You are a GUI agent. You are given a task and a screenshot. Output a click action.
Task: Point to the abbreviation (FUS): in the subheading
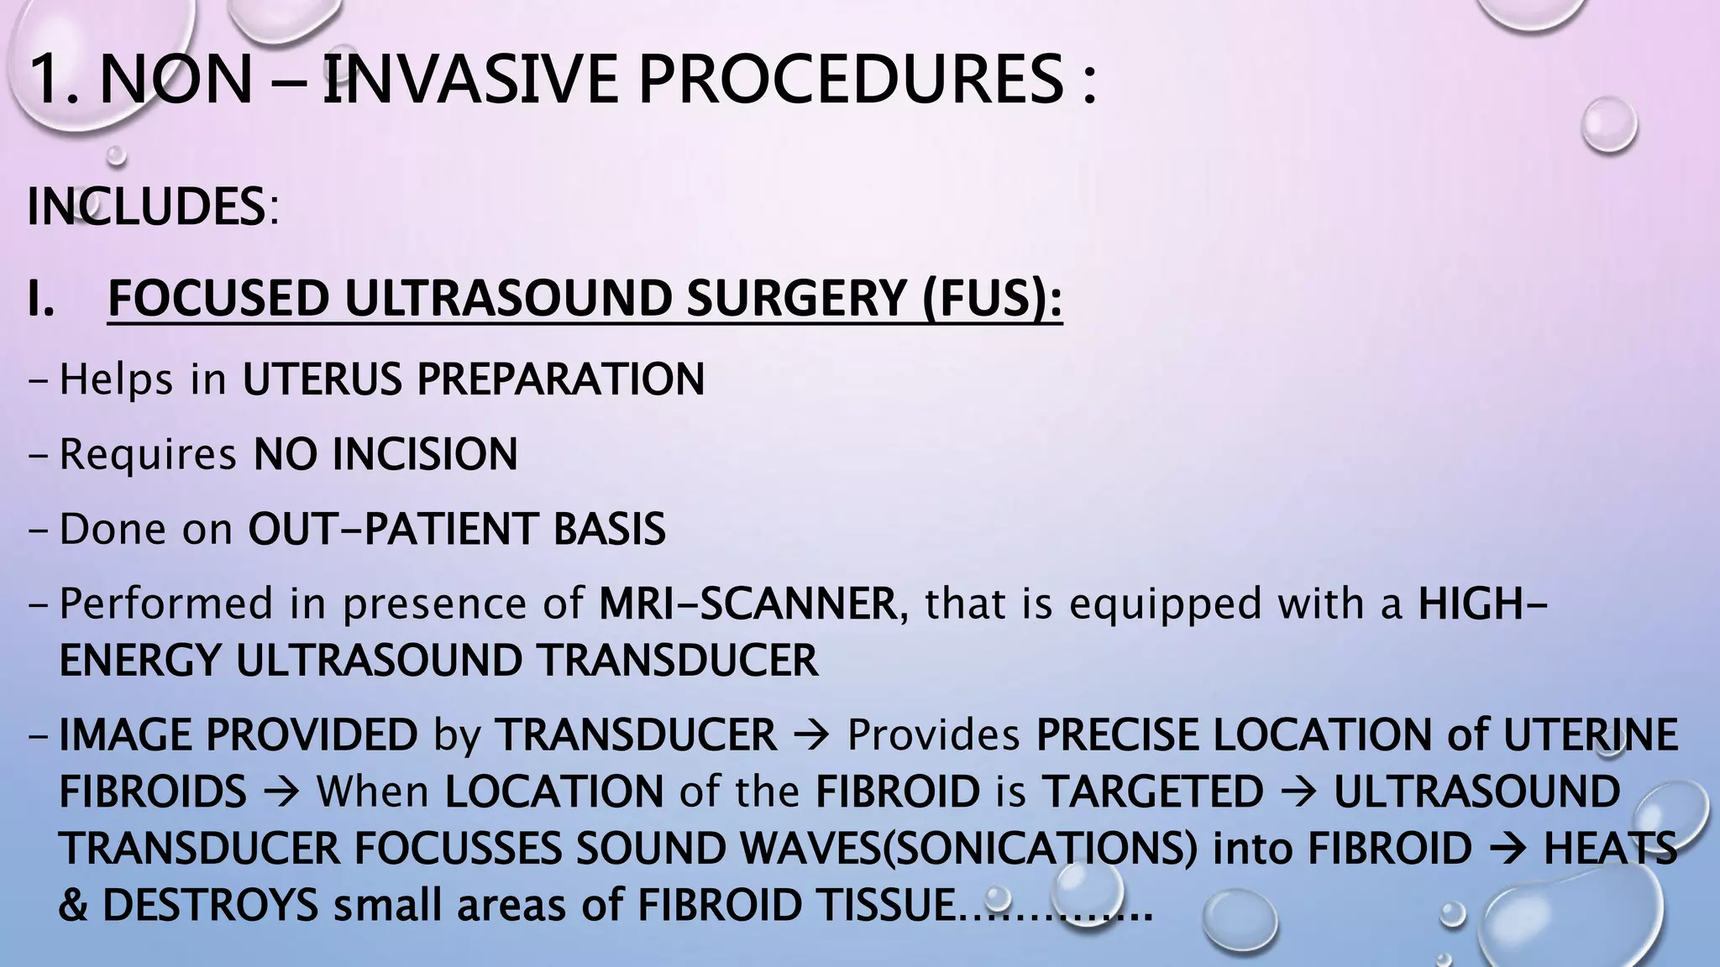tap(992, 299)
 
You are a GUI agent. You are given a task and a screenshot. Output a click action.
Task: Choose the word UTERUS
tap(322, 379)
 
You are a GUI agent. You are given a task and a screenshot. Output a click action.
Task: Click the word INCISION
tap(425, 455)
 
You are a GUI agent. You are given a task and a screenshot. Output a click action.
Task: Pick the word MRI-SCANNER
tap(748, 604)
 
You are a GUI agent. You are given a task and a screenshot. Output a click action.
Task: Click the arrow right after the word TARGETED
tap(1298, 792)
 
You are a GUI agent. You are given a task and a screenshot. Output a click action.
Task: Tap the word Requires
tap(148, 455)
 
